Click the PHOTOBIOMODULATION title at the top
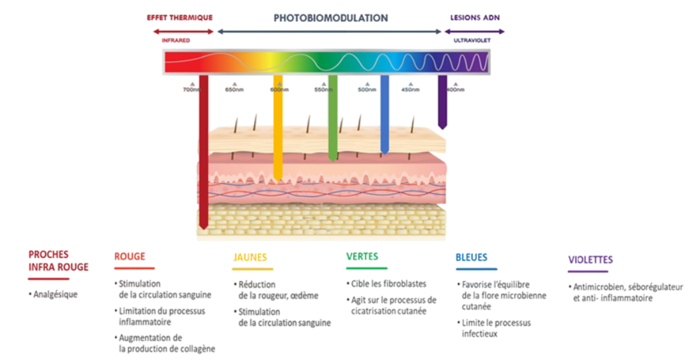(330, 18)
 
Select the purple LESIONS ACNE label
(475, 17)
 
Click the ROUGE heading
(130, 255)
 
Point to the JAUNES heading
(250, 257)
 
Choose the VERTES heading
(362, 256)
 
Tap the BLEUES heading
(472, 257)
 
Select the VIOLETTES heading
(590, 260)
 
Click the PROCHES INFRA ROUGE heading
(58, 261)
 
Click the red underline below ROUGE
(135, 268)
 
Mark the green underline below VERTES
(366, 268)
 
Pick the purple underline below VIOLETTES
(588, 272)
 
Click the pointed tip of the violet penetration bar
(442, 128)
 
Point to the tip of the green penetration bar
(332, 159)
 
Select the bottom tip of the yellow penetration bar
(278, 179)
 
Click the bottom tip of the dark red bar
(203, 227)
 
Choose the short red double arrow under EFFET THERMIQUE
(183, 31)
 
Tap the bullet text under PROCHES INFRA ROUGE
(55, 295)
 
